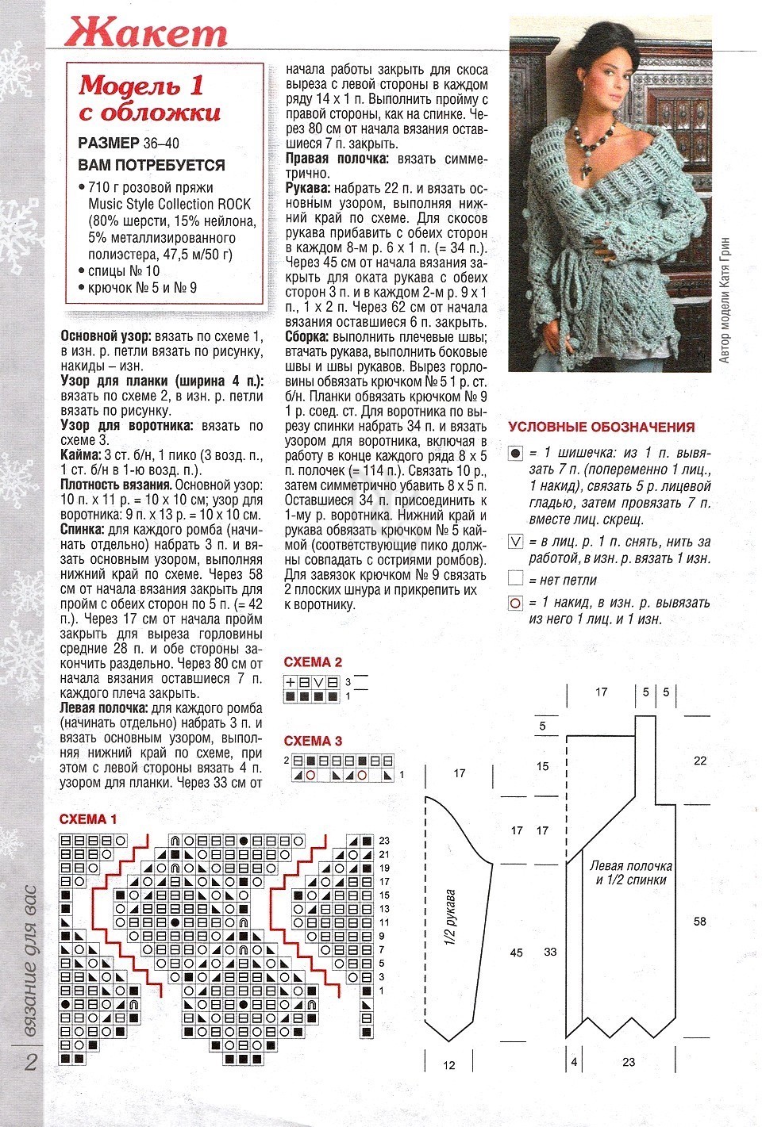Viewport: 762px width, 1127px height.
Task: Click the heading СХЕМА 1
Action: (88, 818)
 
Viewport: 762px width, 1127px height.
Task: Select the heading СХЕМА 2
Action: (313, 662)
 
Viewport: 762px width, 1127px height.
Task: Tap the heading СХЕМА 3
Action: (313, 741)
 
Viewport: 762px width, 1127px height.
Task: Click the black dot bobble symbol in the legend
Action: (516, 454)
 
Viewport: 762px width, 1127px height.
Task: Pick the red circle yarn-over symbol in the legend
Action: (516, 604)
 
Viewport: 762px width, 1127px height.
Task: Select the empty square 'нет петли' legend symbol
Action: (516, 580)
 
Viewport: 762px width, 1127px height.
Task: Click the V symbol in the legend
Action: (516, 542)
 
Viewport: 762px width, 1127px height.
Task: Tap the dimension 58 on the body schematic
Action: (699, 922)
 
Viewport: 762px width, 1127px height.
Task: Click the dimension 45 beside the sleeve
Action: (516, 952)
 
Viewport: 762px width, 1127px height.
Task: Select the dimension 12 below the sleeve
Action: (449, 1064)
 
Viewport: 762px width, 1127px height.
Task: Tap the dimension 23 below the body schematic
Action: (629, 1061)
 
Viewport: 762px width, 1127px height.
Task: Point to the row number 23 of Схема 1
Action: (384, 841)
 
